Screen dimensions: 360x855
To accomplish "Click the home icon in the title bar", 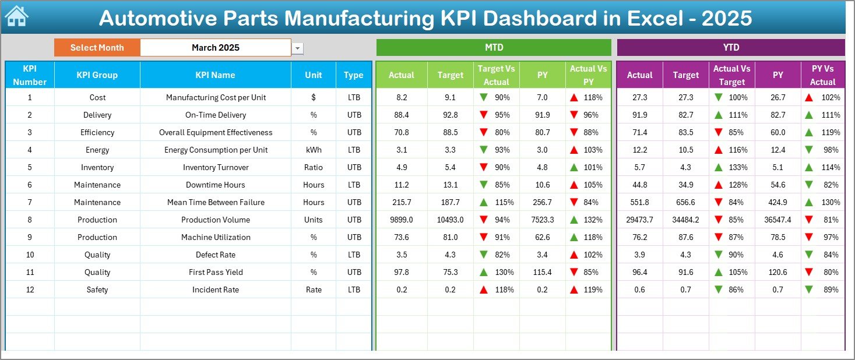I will coord(16,16).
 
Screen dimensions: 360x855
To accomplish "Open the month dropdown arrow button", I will coord(298,48).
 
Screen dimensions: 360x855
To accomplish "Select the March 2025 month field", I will coord(216,48).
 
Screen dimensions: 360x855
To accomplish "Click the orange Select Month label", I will coord(97,48).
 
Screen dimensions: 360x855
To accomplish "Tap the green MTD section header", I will coord(494,47).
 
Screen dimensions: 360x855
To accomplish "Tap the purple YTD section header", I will coord(730,47).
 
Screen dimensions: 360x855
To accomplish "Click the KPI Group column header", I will coord(97,75).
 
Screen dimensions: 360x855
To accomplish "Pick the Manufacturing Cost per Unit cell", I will coord(216,97).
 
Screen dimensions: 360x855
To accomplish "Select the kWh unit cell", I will coord(314,150).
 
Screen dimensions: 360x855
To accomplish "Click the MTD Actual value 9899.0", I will coord(402,220).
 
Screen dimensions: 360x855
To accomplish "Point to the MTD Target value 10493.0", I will coord(451,220).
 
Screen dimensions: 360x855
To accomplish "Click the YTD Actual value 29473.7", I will coord(639,220).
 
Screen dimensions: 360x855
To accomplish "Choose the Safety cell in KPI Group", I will coord(97,290).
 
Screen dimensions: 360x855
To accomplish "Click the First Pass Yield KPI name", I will coord(216,272).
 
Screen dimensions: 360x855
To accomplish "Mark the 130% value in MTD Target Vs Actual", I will coord(505,272).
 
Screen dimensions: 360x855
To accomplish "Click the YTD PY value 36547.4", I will coord(777,220).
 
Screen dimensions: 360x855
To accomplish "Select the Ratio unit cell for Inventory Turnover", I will coord(314,167).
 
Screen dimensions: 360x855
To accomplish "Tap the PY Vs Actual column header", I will coord(822,75).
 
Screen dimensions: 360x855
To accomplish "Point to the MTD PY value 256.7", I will coord(542,202).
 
